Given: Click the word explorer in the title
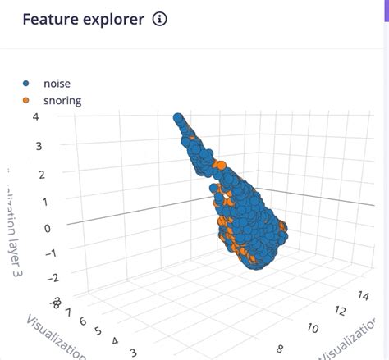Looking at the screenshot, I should click(x=115, y=20).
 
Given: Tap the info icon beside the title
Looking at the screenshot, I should click(x=160, y=20).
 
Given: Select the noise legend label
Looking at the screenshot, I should click(x=57, y=84).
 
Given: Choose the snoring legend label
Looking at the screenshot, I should click(x=62, y=101).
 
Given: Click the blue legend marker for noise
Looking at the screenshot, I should click(x=26, y=84).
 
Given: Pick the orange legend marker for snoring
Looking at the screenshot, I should click(x=26, y=101).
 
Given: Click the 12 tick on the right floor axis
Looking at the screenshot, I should click(x=339, y=311).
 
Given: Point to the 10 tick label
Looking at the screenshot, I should click(x=312, y=329).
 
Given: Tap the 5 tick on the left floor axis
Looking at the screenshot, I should click(x=98, y=331).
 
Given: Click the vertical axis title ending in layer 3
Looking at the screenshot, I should click(x=16, y=221).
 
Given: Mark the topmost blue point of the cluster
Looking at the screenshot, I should click(x=177, y=118).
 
